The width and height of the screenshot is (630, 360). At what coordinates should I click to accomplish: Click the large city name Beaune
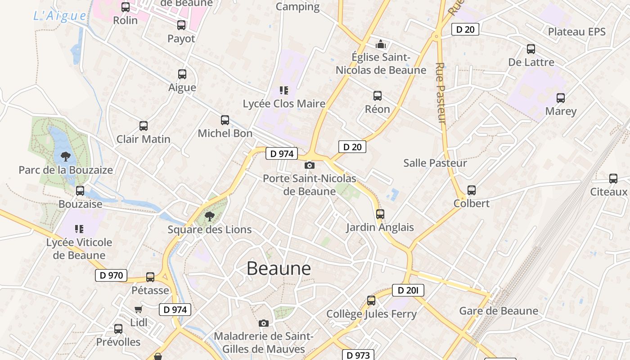pos(279,269)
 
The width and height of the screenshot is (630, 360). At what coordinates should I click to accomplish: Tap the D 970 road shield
pos(111,275)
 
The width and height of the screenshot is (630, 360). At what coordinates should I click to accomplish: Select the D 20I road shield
pos(408,291)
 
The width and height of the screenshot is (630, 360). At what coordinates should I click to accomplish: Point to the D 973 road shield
pos(358,355)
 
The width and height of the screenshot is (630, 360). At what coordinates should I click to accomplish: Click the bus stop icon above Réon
pos(378,96)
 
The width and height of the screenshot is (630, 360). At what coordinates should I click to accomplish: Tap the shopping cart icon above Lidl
pos(139,309)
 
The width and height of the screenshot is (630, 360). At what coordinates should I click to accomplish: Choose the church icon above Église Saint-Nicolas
pos(381,44)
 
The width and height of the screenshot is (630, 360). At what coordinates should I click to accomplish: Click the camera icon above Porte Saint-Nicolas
pos(310,166)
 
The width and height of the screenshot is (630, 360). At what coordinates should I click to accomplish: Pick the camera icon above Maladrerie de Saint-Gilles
pos(264,323)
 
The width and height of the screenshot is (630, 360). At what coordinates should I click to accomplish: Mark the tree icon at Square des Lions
pos(209,216)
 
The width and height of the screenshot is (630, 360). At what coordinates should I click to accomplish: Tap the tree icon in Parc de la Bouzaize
pos(66,157)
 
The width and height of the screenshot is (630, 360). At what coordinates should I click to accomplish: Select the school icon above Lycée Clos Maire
pos(283,90)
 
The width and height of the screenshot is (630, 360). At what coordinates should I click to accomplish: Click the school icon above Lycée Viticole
pos(79,229)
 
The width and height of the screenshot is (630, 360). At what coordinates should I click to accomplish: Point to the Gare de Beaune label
pos(498,311)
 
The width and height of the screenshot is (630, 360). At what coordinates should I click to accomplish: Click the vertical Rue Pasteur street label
pos(441,93)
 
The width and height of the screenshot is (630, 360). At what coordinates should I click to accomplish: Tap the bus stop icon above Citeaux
pos(613,179)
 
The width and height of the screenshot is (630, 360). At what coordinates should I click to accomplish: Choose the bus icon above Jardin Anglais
pos(380,214)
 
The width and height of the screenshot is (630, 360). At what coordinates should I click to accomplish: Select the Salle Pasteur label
pos(435,163)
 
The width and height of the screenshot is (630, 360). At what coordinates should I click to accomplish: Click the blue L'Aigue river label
pos(60,16)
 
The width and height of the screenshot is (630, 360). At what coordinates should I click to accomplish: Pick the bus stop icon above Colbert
pos(472,190)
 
